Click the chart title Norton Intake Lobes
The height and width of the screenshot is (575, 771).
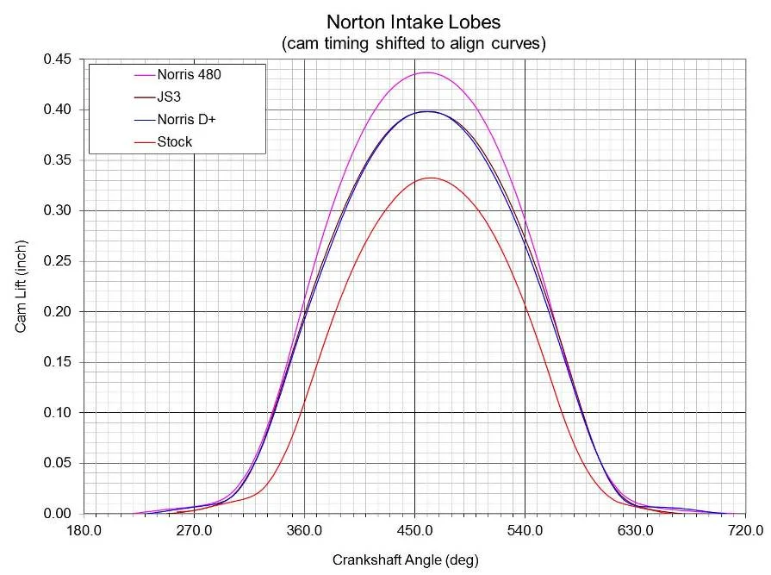click(x=413, y=21)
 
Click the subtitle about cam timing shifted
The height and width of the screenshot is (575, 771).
click(x=413, y=42)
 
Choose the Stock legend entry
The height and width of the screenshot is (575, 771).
click(x=174, y=141)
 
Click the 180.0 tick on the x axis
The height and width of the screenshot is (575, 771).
click(x=84, y=530)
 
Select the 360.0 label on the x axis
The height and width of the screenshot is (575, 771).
click(x=304, y=530)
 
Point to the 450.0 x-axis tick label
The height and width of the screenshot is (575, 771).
click(x=414, y=530)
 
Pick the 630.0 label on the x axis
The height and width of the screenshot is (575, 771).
click(x=635, y=530)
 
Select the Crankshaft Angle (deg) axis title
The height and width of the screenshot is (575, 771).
click(x=405, y=559)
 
